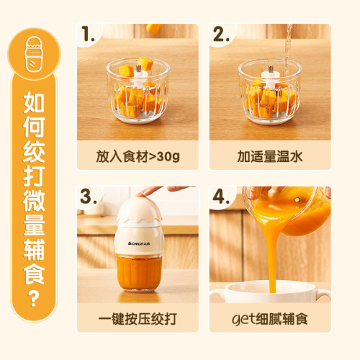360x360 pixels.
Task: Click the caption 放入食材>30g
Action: tap(138, 156)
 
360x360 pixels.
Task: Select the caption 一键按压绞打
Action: tap(138, 318)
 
